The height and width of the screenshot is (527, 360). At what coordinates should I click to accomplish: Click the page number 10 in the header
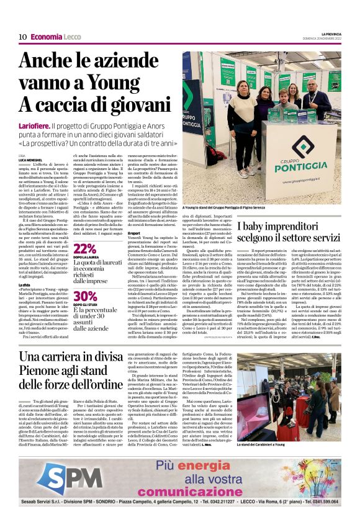22,37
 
